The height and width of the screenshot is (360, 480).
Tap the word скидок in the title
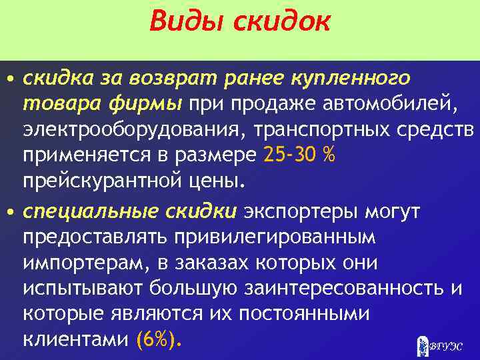click(281, 21)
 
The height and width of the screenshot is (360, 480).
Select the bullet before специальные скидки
click(11, 212)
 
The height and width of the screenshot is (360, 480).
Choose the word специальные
click(89, 211)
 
